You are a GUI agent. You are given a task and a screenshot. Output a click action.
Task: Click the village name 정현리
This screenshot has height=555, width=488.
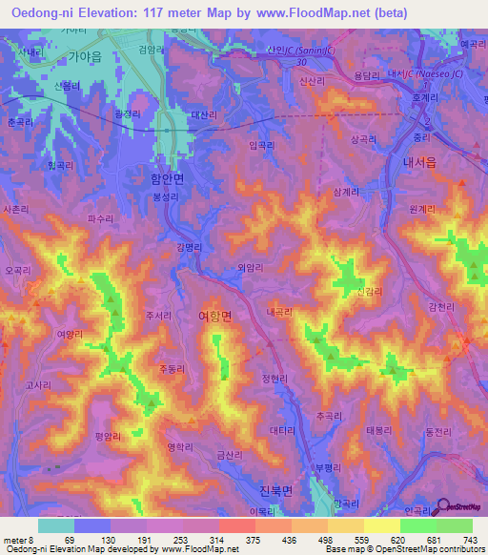(x=274, y=378)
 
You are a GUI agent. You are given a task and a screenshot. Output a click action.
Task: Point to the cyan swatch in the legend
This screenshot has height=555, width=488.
(x=56, y=525)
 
